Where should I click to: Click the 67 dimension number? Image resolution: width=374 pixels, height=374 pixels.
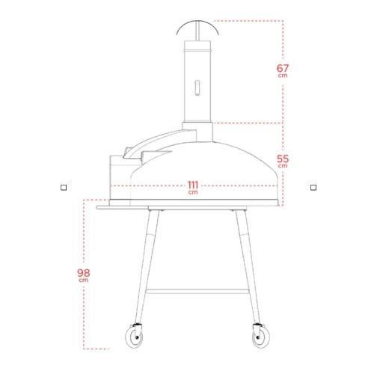point(282,68)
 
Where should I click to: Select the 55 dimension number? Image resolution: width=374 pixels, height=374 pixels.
point(282,158)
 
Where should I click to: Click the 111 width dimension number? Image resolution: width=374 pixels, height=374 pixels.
point(193,185)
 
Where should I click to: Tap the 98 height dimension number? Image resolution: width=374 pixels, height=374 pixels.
point(85,273)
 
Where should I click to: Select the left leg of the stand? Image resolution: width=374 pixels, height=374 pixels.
point(147,262)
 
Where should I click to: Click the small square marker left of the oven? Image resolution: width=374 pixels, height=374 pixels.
point(64,188)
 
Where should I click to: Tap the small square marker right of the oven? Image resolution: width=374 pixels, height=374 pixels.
point(313,188)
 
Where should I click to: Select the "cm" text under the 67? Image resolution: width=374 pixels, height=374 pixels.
point(282,76)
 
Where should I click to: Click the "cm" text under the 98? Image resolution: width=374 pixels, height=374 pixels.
point(85,281)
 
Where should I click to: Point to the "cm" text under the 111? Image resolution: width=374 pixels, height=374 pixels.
point(193,192)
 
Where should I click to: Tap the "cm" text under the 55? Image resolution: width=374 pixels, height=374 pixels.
point(282,166)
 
